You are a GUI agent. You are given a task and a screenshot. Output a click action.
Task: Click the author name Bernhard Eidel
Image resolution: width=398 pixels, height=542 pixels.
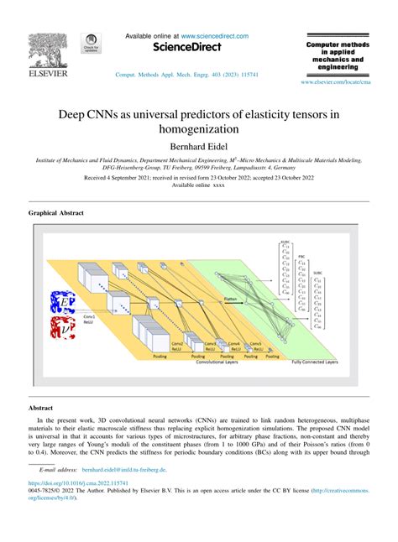199,147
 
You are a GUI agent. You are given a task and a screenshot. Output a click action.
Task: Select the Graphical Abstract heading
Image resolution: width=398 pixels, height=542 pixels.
56,213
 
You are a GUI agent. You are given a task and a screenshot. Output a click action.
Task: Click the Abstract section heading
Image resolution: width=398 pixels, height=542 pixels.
41,407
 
